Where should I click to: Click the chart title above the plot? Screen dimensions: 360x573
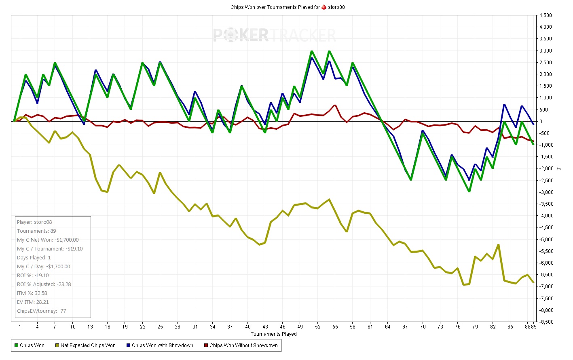click(287, 7)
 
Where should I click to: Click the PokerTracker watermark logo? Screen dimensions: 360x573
click(274, 35)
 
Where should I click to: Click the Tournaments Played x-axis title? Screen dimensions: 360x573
click(274, 334)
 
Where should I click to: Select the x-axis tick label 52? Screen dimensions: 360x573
click(318, 327)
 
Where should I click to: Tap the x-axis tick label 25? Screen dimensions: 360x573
click(160, 327)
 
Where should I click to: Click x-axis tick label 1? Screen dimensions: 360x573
click(20, 327)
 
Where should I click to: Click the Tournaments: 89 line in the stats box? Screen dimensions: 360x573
click(36, 231)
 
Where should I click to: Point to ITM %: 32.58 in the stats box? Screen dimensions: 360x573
click(32, 293)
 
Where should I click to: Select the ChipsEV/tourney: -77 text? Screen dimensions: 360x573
click(41, 311)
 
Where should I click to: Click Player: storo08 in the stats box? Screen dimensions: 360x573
click(34, 222)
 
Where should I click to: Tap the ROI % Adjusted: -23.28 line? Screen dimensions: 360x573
click(44, 284)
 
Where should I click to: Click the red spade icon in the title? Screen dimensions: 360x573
click(324, 7)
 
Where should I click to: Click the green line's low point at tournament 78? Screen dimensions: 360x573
click(469, 192)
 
